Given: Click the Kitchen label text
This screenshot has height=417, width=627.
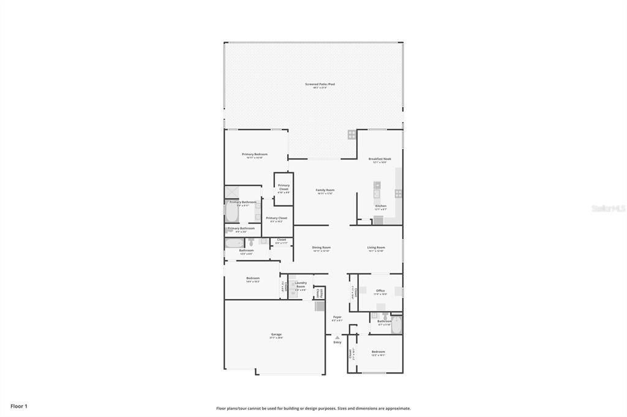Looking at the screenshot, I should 380,206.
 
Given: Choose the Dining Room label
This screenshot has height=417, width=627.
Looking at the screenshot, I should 321,248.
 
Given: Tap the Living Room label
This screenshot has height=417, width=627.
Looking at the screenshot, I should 375,248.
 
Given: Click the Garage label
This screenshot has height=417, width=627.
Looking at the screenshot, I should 276,335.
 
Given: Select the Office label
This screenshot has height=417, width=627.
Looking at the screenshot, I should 380,291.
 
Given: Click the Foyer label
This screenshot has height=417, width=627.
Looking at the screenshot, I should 337,317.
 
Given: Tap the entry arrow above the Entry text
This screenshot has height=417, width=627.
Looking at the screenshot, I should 337,336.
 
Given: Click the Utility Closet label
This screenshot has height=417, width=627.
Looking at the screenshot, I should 318,293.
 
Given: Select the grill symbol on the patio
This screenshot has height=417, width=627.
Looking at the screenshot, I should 352,135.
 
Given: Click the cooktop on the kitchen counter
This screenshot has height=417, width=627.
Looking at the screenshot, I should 399,193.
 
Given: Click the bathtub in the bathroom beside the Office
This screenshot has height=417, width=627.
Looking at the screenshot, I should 396,324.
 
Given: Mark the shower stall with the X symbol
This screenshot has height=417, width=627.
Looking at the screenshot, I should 231,193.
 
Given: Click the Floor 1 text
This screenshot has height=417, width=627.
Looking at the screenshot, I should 19,406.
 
